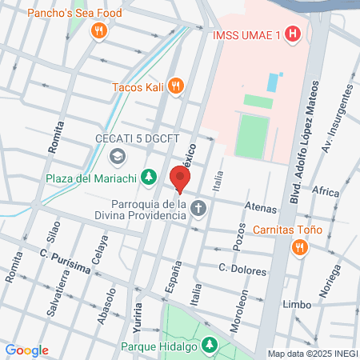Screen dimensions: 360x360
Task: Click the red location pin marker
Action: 180,179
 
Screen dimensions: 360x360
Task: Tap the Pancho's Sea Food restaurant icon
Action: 99,31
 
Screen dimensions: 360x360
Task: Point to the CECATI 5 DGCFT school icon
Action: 118,156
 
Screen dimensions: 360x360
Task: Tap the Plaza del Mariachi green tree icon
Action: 148,177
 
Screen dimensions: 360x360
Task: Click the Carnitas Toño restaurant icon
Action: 299,246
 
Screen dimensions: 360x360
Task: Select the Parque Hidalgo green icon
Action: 210,346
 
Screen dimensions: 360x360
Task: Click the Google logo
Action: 26,350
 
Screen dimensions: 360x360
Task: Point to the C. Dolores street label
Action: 242,270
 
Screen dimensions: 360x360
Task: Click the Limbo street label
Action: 296,305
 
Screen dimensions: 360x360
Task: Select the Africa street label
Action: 325,192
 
